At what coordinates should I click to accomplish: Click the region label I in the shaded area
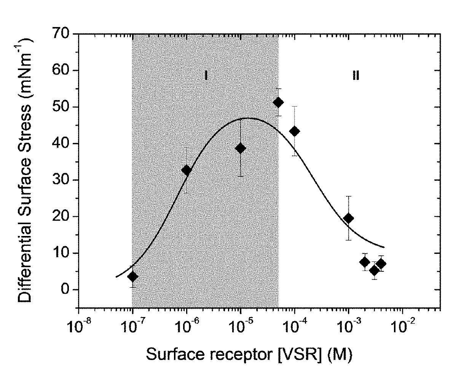(x=206, y=75)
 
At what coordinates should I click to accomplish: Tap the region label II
(x=356, y=75)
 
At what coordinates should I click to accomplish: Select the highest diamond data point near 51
(x=278, y=102)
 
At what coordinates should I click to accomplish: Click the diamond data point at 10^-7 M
(x=132, y=276)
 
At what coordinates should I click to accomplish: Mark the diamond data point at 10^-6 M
(x=187, y=170)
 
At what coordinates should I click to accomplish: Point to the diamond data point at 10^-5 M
(x=241, y=148)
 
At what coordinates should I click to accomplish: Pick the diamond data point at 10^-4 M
(x=295, y=131)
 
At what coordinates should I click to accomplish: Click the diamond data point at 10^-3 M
(x=349, y=218)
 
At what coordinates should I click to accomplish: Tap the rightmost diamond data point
(x=381, y=263)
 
